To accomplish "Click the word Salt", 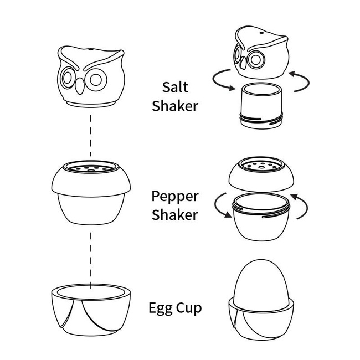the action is (175, 87).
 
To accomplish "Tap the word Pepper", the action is (175, 197).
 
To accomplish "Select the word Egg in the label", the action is (160, 308).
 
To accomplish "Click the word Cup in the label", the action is (189, 308).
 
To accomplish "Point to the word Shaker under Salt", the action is (175, 106).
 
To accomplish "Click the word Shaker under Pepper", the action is (174, 214).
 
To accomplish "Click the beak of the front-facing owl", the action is (80, 86).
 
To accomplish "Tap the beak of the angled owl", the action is (243, 63).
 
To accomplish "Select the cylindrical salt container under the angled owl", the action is (261, 106).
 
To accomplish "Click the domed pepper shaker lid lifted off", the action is (261, 174).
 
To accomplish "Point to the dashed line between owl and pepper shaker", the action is (90, 136).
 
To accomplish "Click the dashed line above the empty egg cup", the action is (90, 261).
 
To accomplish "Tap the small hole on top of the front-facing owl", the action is (91, 49).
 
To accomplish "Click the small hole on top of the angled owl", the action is (261, 33).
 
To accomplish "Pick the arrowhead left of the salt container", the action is (232, 88).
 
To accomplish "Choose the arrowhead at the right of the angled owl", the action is (291, 74).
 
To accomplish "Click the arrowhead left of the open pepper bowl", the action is (228, 214).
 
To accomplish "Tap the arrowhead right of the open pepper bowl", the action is (294, 197).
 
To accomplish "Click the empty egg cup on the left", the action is (91, 310).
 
